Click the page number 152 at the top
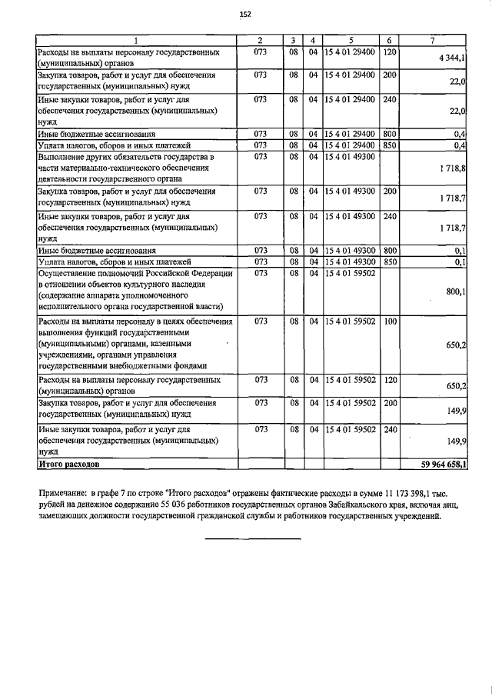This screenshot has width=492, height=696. (x=245, y=15)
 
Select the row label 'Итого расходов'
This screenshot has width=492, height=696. (x=68, y=465)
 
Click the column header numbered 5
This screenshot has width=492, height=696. (x=351, y=40)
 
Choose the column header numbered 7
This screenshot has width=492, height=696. (x=435, y=40)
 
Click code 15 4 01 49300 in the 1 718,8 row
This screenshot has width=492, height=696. (x=351, y=157)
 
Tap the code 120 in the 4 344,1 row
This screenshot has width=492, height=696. (x=389, y=52)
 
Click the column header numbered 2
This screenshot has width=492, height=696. (x=260, y=40)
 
